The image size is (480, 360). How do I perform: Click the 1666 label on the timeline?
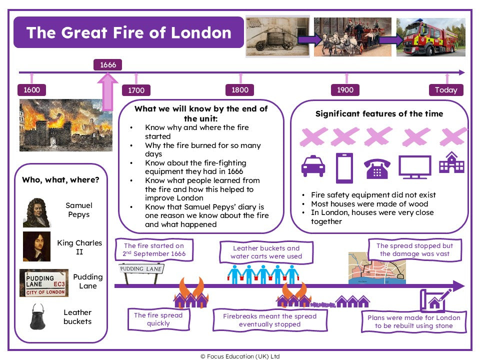point(108,64)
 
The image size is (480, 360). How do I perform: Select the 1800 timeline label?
point(240,90)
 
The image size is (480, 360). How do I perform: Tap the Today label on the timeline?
point(445,90)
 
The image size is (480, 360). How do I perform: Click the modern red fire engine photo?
point(430,37)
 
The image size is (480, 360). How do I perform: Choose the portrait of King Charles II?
point(36,246)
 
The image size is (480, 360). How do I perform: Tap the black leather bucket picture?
point(37,316)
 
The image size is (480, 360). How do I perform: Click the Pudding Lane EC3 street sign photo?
point(44,283)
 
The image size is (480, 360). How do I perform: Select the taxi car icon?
point(313,166)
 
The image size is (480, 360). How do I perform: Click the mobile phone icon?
point(344,168)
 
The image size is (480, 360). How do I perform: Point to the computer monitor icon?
point(414,167)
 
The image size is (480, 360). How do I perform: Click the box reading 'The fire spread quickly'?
point(158,319)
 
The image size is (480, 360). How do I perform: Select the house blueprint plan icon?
point(432,300)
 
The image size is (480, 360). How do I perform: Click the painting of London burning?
point(65,125)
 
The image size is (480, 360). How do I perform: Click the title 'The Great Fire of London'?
point(128,32)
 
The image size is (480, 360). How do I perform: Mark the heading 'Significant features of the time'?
point(379,113)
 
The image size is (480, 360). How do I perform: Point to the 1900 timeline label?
point(345,90)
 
